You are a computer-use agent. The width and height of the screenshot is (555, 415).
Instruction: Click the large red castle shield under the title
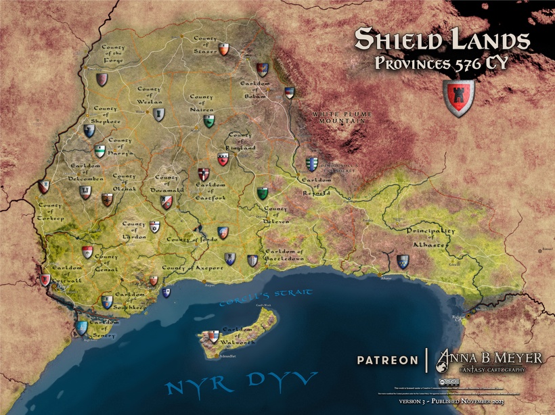click(x=458, y=98)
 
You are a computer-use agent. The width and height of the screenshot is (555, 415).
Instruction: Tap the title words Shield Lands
click(x=442, y=40)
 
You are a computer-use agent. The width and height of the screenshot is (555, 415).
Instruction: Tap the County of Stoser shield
click(x=224, y=49)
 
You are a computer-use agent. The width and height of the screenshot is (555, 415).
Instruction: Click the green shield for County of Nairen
click(x=210, y=121)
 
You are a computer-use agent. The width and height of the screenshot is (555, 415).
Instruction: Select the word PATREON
click(x=387, y=360)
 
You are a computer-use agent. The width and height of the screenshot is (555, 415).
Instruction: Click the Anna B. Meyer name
click(x=489, y=356)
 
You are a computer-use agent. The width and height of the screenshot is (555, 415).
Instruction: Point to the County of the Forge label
click(x=115, y=53)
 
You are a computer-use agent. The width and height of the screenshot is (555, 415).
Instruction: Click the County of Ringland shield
click(x=223, y=160)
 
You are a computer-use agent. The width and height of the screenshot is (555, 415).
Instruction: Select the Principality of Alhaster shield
click(x=403, y=261)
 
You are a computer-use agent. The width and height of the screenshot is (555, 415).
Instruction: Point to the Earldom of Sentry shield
click(x=83, y=328)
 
